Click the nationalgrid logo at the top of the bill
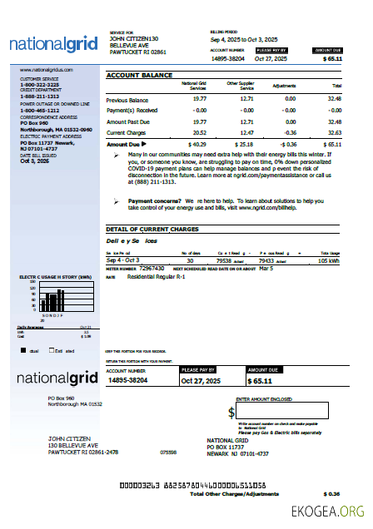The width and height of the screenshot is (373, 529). click(54, 44)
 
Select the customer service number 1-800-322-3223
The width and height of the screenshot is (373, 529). click(39, 85)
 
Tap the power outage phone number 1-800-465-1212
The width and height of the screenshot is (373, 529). click(39, 110)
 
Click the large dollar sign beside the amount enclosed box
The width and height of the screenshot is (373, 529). click(231, 413)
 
